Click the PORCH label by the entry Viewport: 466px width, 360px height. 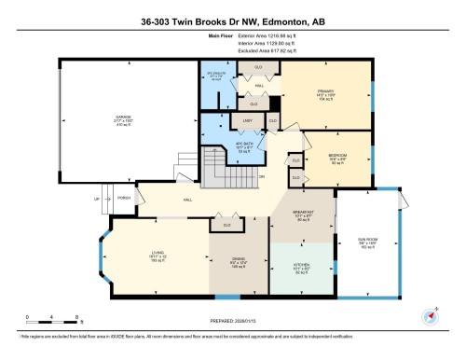tap(124, 197)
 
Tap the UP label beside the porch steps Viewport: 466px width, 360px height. tap(96, 199)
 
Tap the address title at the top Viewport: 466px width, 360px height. tap(232, 16)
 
